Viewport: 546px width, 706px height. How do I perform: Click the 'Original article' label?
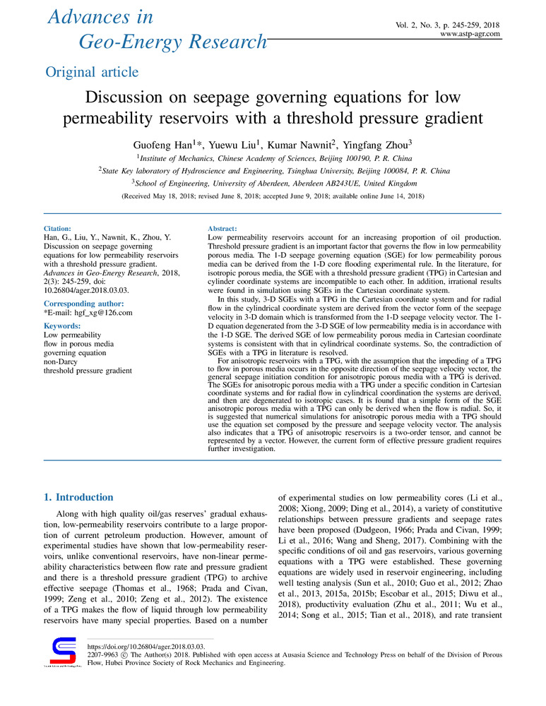coord(92,72)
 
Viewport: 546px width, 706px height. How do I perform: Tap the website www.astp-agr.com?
coord(470,33)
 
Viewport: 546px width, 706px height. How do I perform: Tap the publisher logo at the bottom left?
coord(59,652)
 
